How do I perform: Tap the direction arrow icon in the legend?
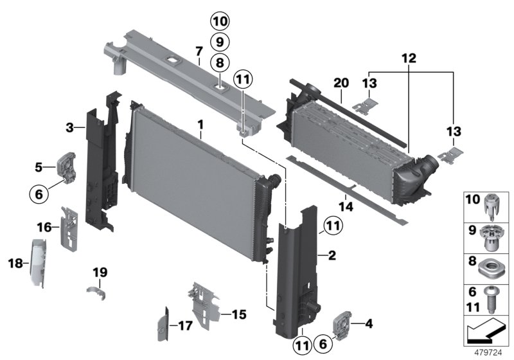[487, 332]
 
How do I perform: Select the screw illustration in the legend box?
[494, 299]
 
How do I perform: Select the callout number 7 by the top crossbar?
[199, 51]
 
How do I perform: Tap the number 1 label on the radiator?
[200, 122]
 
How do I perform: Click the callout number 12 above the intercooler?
[410, 58]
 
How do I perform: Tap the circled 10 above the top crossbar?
[220, 22]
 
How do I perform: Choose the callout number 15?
[239, 315]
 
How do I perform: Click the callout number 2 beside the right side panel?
[332, 256]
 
